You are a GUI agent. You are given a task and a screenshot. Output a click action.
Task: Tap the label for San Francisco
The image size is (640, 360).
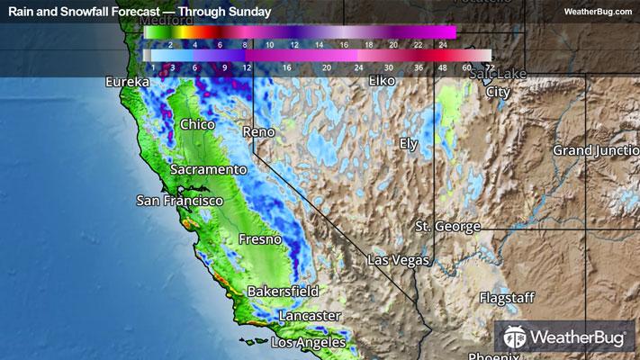coord(179,201)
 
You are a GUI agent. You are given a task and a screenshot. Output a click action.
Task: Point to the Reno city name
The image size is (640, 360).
coord(259,132)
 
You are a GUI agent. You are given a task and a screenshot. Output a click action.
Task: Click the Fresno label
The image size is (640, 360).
coord(260,239)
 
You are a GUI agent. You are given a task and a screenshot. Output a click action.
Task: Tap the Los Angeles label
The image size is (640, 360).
coord(308,343)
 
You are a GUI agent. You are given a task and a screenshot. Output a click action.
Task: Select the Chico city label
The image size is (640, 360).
coord(198,124)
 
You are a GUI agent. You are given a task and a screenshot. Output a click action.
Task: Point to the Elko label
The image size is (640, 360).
coord(383,82)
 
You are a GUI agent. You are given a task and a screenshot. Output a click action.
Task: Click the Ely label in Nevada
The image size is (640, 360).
coord(410,144)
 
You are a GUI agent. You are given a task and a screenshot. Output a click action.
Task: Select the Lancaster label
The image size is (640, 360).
coord(309,316)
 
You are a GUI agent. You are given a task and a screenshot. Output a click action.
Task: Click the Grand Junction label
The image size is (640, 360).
coord(595,149)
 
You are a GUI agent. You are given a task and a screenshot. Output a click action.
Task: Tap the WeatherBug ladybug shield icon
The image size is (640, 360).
coord(516,338)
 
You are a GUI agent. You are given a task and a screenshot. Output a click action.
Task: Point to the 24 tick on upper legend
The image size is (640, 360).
coord(443,43)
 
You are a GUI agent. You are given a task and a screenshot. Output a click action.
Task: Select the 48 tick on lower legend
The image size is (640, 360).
coord(442,67)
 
